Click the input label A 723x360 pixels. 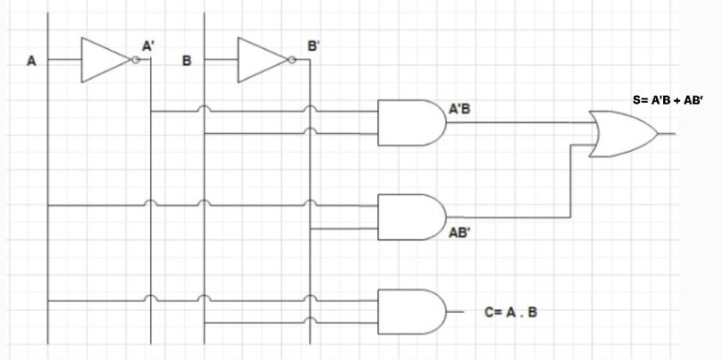coord(32,61)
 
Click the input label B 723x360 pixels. coord(187,61)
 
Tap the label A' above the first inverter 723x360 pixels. coord(147,45)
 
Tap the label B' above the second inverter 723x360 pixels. coord(314,45)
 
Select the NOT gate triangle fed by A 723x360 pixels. coord(103,60)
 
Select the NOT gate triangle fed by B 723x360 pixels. coord(260,60)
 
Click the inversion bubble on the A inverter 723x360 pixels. coord(135,60)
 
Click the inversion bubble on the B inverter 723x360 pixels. coord(293,60)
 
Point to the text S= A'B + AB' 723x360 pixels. coord(667,100)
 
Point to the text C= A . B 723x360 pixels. coord(511,312)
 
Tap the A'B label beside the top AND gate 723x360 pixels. coord(459,110)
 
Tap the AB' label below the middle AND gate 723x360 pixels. coord(459,232)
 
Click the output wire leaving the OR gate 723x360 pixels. coord(667,134)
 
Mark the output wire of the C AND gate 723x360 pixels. coord(456,311)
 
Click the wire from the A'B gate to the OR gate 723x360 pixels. coord(514,122)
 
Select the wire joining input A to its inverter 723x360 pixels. coord(63,60)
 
